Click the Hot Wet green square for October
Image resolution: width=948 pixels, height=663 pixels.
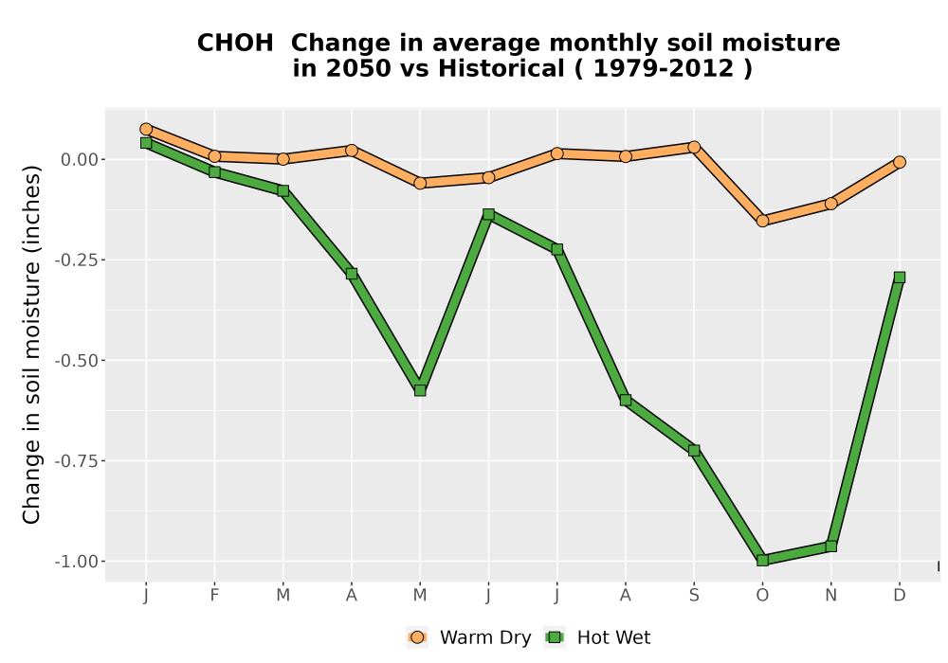click(762, 560)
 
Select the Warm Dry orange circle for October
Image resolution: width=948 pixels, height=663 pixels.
click(762, 221)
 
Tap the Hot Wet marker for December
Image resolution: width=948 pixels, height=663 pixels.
click(900, 278)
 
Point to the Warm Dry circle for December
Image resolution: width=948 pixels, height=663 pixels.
click(900, 162)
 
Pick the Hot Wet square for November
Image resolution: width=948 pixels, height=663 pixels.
click(831, 546)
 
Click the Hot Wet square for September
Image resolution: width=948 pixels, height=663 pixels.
click(694, 451)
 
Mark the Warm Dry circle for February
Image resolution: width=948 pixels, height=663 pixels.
click(214, 155)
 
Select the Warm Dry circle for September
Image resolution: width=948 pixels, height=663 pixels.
click(694, 147)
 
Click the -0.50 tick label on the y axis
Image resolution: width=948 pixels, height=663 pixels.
click(77, 361)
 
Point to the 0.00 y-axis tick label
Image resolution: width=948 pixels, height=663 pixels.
click(80, 159)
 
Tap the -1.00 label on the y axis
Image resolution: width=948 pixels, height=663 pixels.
click(77, 562)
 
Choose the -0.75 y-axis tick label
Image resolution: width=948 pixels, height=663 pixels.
click(77, 460)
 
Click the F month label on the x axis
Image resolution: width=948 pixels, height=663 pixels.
click(214, 596)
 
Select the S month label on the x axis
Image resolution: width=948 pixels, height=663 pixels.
click(694, 596)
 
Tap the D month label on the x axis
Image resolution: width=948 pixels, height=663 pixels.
click(900, 596)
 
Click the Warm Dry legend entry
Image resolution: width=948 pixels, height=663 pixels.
click(469, 637)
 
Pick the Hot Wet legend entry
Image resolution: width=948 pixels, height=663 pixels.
click(598, 637)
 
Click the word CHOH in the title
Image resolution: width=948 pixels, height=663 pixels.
click(235, 44)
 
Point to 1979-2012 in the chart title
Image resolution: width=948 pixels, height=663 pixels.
click(664, 68)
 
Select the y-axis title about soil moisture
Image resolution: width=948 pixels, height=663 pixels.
click(31, 345)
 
